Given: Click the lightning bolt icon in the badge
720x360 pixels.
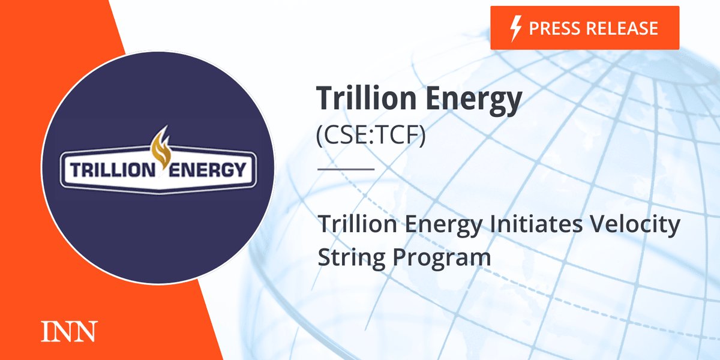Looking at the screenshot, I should (514, 28).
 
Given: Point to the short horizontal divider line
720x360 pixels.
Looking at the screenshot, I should (345, 169).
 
